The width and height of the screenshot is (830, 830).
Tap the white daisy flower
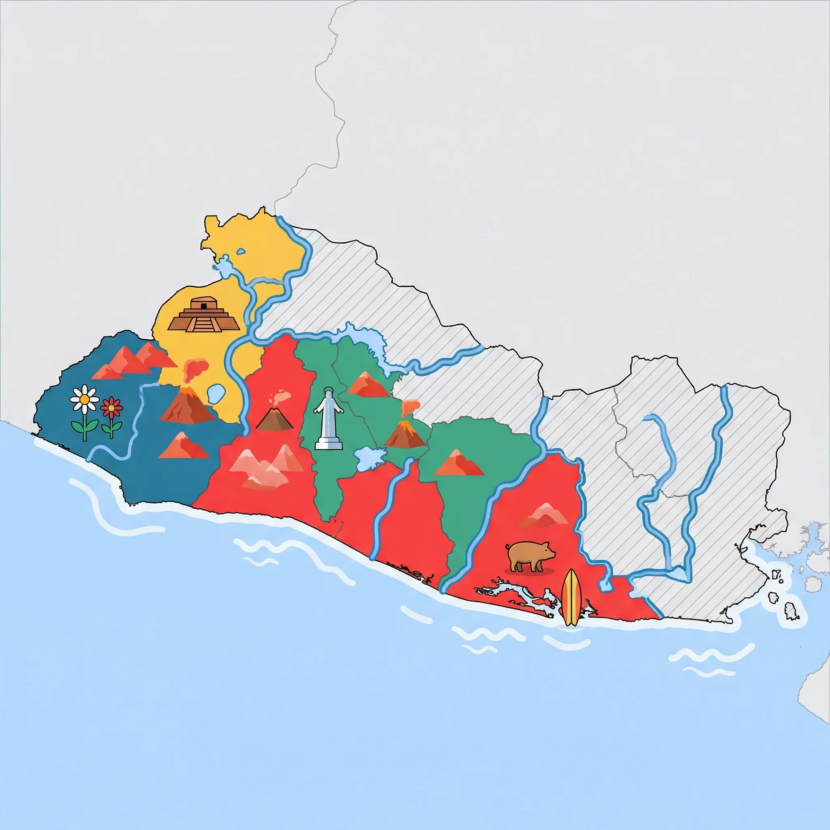[85, 399]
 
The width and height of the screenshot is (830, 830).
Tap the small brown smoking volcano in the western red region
[274, 416]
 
